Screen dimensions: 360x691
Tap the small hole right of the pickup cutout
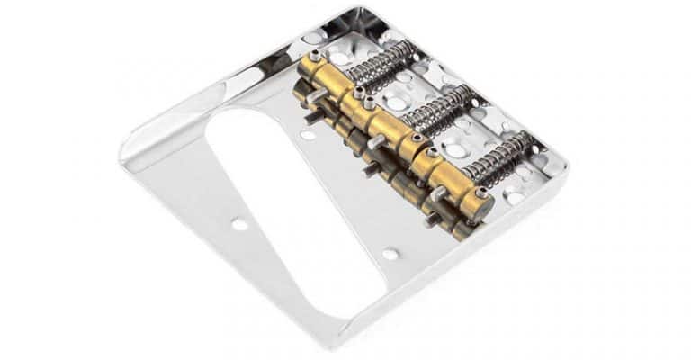click(390, 254)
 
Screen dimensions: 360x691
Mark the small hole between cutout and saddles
click(309, 136)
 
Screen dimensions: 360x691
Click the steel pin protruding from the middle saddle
click(374, 141)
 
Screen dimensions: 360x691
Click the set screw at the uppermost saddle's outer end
click(316, 56)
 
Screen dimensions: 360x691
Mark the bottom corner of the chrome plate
click(352, 342)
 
